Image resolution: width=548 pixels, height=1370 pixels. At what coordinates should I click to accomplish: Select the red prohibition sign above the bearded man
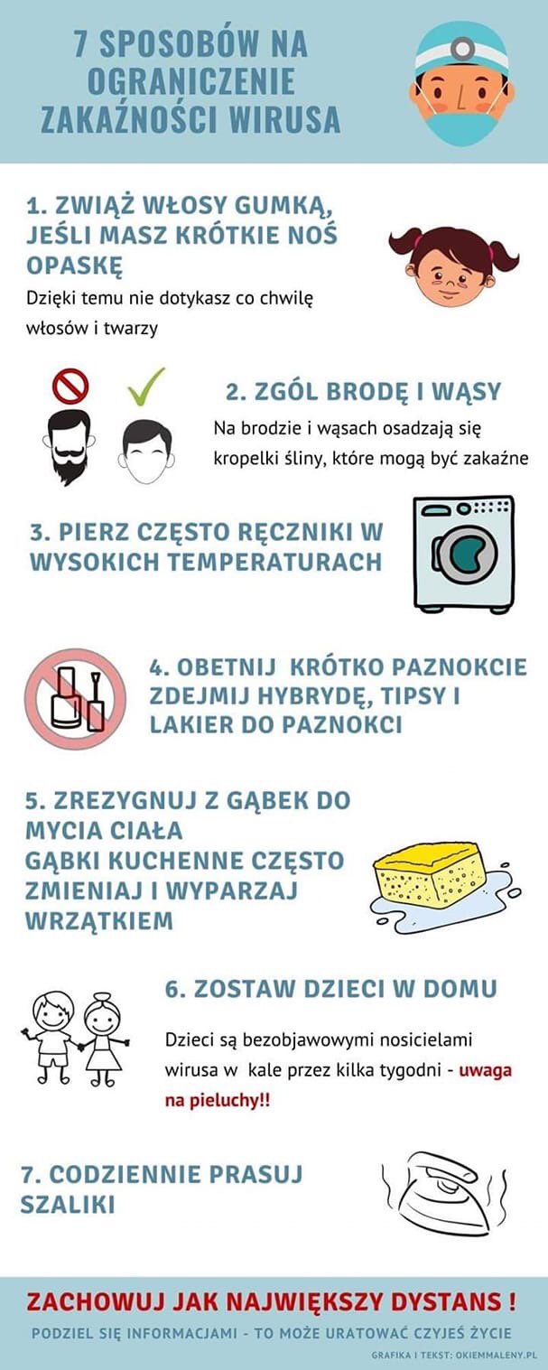pyautogui.click(x=70, y=386)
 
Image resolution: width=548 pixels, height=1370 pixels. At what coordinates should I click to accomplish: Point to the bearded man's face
pyautogui.click(x=69, y=447)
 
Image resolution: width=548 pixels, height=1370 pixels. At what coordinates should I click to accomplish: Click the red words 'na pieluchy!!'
pyautogui.click(x=217, y=1100)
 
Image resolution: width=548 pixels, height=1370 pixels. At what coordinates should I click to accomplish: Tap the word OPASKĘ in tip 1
pyautogui.click(x=75, y=265)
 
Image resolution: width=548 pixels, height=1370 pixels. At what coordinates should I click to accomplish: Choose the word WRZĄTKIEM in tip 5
pyautogui.click(x=99, y=920)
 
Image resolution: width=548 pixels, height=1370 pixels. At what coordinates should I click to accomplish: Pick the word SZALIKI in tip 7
pyautogui.click(x=68, y=1204)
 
